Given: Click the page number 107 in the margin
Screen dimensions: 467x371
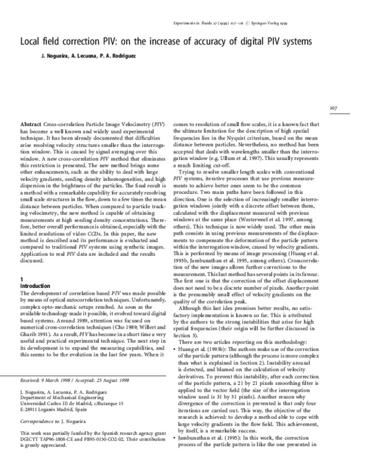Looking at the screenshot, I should pyautogui.click(x=351, y=107).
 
